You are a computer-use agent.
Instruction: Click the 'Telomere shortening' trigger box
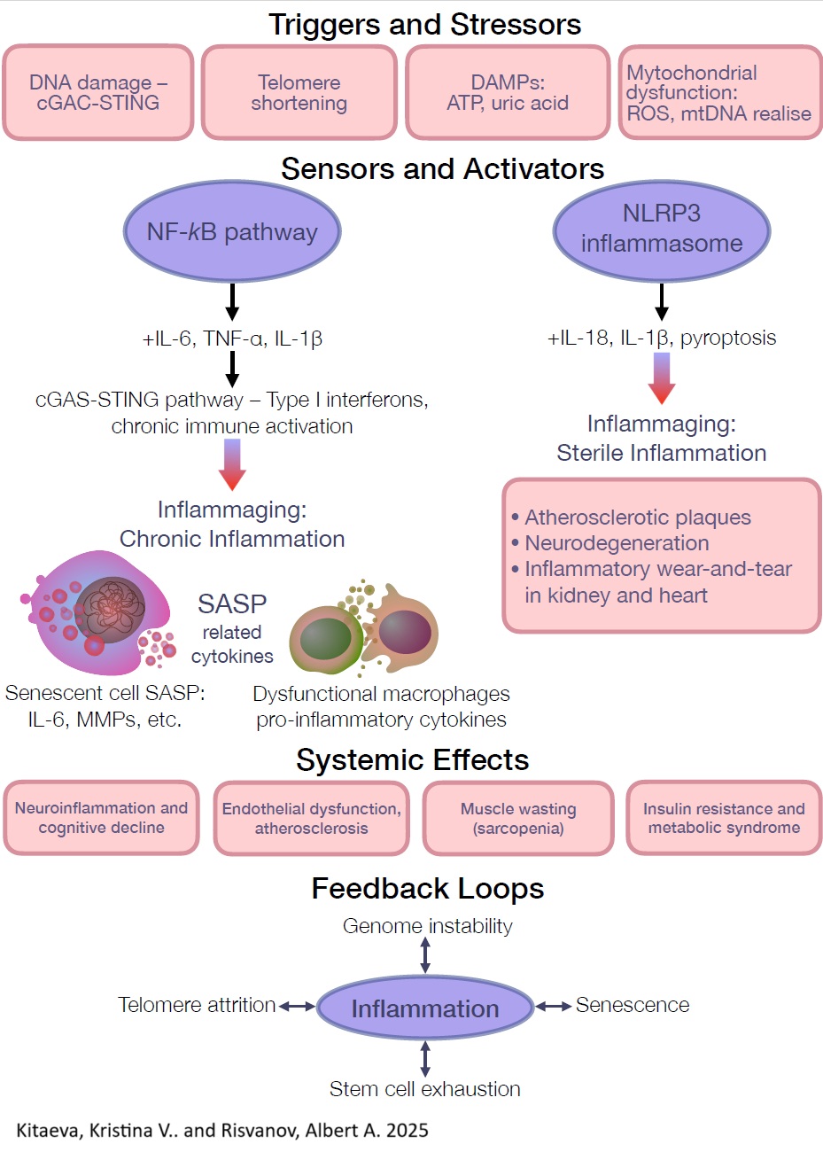(x=299, y=93)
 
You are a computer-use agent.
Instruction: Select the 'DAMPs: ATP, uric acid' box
(x=508, y=93)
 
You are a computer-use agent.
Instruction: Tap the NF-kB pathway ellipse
(x=232, y=232)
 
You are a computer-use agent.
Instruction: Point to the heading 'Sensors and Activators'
(x=442, y=168)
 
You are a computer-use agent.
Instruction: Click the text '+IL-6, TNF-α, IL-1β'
(x=232, y=338)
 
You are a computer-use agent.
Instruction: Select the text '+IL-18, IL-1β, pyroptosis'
(x=662, y=338)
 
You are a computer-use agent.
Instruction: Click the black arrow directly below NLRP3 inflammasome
(x=662, y=301)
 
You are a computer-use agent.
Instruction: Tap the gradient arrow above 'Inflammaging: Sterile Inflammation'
(x=662, y=378)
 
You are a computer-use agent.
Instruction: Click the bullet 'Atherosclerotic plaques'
(x=637, y=518)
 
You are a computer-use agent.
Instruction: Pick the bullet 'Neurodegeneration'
(x=617, y=543)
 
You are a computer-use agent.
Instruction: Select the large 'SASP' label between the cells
(x=232, y=604)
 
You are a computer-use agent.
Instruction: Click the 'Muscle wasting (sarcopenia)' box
(x=518, y=818)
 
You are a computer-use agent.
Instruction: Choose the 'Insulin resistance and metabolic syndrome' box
(x=724, y=818)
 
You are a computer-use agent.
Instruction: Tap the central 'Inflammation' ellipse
(x=425, y=1008)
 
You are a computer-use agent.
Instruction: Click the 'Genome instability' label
(x=427, y=926)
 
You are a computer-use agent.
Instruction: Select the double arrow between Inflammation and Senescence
(x=554, y=1006)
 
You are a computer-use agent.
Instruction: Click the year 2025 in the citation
(x=408, y=1130)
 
